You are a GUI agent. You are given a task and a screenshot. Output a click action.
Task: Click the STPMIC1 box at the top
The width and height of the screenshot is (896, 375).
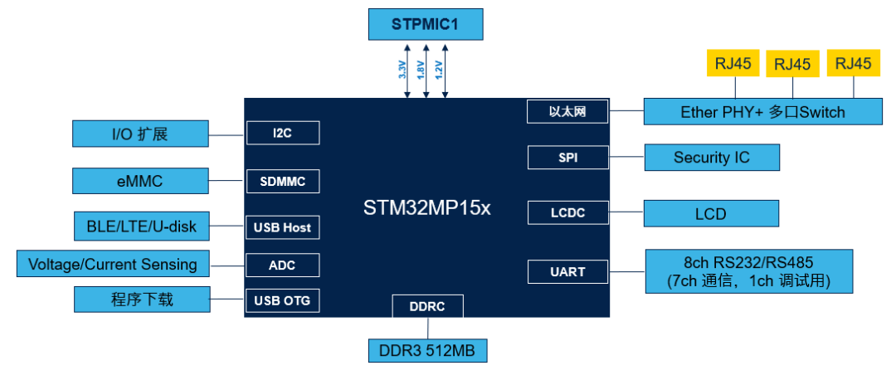coord(425,24)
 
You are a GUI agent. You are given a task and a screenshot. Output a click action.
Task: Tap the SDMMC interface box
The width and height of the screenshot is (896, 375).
coord(282,181)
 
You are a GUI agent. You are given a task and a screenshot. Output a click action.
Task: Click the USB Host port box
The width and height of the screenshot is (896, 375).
coord(282,226)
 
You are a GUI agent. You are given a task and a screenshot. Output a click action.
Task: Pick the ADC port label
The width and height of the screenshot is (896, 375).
coord(282,265)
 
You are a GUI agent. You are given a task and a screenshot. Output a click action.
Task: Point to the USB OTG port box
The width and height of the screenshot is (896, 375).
coord(282,300)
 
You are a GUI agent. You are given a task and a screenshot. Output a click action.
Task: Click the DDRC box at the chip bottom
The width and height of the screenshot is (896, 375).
coord(427,306)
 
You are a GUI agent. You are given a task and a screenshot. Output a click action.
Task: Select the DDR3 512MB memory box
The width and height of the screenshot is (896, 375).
coord(427,350)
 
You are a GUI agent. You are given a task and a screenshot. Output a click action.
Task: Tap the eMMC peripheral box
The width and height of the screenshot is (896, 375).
coord(139,179)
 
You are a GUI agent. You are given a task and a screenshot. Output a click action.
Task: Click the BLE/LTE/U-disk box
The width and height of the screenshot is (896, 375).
coord(139,223)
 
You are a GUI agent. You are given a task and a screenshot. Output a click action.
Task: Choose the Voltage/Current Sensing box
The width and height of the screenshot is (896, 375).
coord(113,264)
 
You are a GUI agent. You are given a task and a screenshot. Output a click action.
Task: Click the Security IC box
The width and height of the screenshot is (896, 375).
coord(711,157)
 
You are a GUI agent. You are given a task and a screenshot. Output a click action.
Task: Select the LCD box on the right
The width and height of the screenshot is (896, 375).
coord(711,214)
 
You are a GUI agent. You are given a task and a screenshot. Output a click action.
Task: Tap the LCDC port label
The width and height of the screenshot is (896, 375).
coord(567,213)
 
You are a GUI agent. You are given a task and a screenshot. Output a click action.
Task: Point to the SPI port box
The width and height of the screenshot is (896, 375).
coord(567,157)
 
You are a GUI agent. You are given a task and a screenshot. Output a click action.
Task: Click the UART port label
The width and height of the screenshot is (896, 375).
coord(567,271)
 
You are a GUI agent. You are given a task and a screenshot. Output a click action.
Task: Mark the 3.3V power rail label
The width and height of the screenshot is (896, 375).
coord(402,70)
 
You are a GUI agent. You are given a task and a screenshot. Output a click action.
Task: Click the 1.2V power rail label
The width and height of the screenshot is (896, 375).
coord(439,70)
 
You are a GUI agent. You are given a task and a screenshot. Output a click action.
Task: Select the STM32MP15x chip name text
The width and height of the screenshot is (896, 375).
coord(427,207)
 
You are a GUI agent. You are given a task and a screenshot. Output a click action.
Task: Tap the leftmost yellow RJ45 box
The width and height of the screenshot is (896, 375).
coord(733,64)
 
